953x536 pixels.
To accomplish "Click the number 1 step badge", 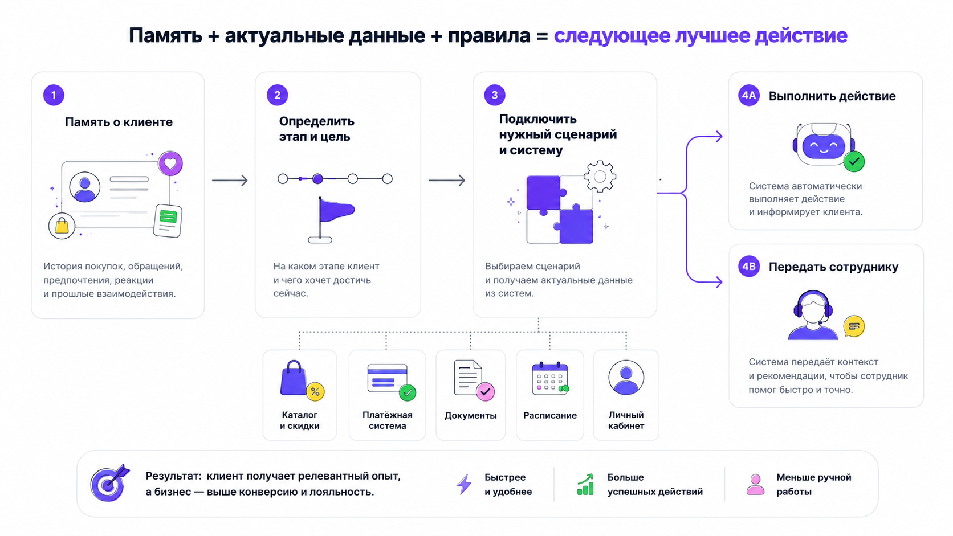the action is (x=54, y=95).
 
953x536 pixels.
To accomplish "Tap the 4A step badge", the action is (x=749, y=95).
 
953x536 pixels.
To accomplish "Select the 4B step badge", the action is (x=749, y=267).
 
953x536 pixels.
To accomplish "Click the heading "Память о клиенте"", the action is (x=119, y=122).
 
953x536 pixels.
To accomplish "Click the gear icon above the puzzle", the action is (x=600, y=177).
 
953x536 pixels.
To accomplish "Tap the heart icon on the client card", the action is (x=170, y=163).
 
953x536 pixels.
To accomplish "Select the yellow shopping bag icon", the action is (x=62, y=226).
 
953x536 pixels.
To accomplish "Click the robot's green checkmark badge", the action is (x=854, y=162).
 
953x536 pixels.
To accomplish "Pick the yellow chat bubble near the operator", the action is (x=854, y=326).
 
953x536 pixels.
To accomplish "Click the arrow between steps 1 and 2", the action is (x=230, y=180).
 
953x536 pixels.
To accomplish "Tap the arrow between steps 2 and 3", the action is (x=447, y=180).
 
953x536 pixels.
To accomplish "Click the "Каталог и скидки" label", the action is (x=299, y=420).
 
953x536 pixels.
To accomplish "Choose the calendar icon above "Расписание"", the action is (x=550, y=379).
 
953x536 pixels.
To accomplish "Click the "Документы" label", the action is (x=471, y=415).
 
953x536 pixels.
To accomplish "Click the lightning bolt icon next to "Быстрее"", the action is (x=464, y=484).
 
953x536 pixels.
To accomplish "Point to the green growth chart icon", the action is (x=585, y=485).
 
